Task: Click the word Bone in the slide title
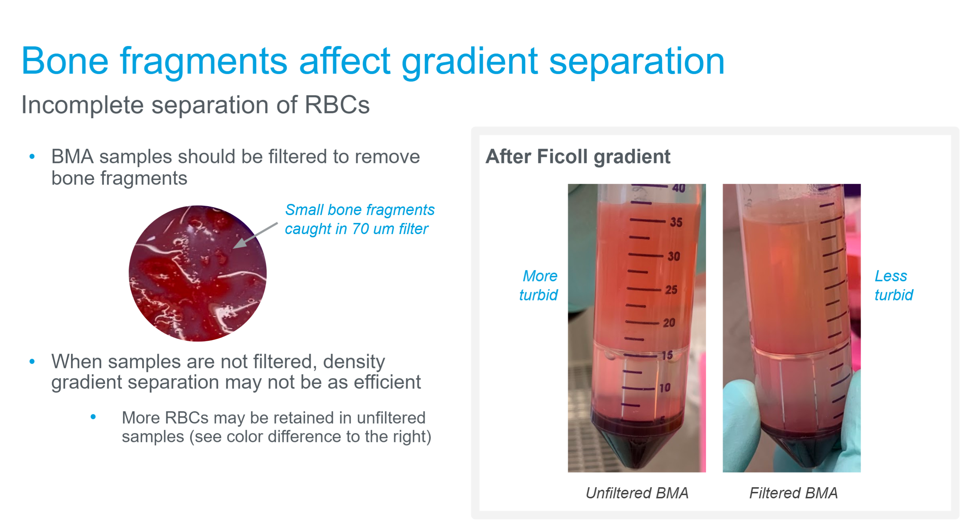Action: tap(65, 61)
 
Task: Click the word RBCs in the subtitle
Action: tap(337, 105)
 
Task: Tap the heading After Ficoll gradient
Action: tap(578, 157)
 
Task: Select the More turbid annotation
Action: tap(539, 285)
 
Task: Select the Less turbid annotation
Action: tap(893, 285)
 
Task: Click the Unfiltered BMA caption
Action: tap(637, 493)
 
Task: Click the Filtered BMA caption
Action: tap(793, 493)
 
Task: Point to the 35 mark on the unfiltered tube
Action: tap(676, 222)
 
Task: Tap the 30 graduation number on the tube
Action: tap(674, 256)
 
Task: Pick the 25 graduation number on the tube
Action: tap(671, 290)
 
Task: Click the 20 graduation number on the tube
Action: tap(669, 322)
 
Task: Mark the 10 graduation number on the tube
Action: tap(665, 388)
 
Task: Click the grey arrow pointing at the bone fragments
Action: tap(255, 236)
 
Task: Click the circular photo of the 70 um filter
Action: tap(198, 273)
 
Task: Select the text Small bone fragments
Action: tap(360, 210)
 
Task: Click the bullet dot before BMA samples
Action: tap(32, 157)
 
